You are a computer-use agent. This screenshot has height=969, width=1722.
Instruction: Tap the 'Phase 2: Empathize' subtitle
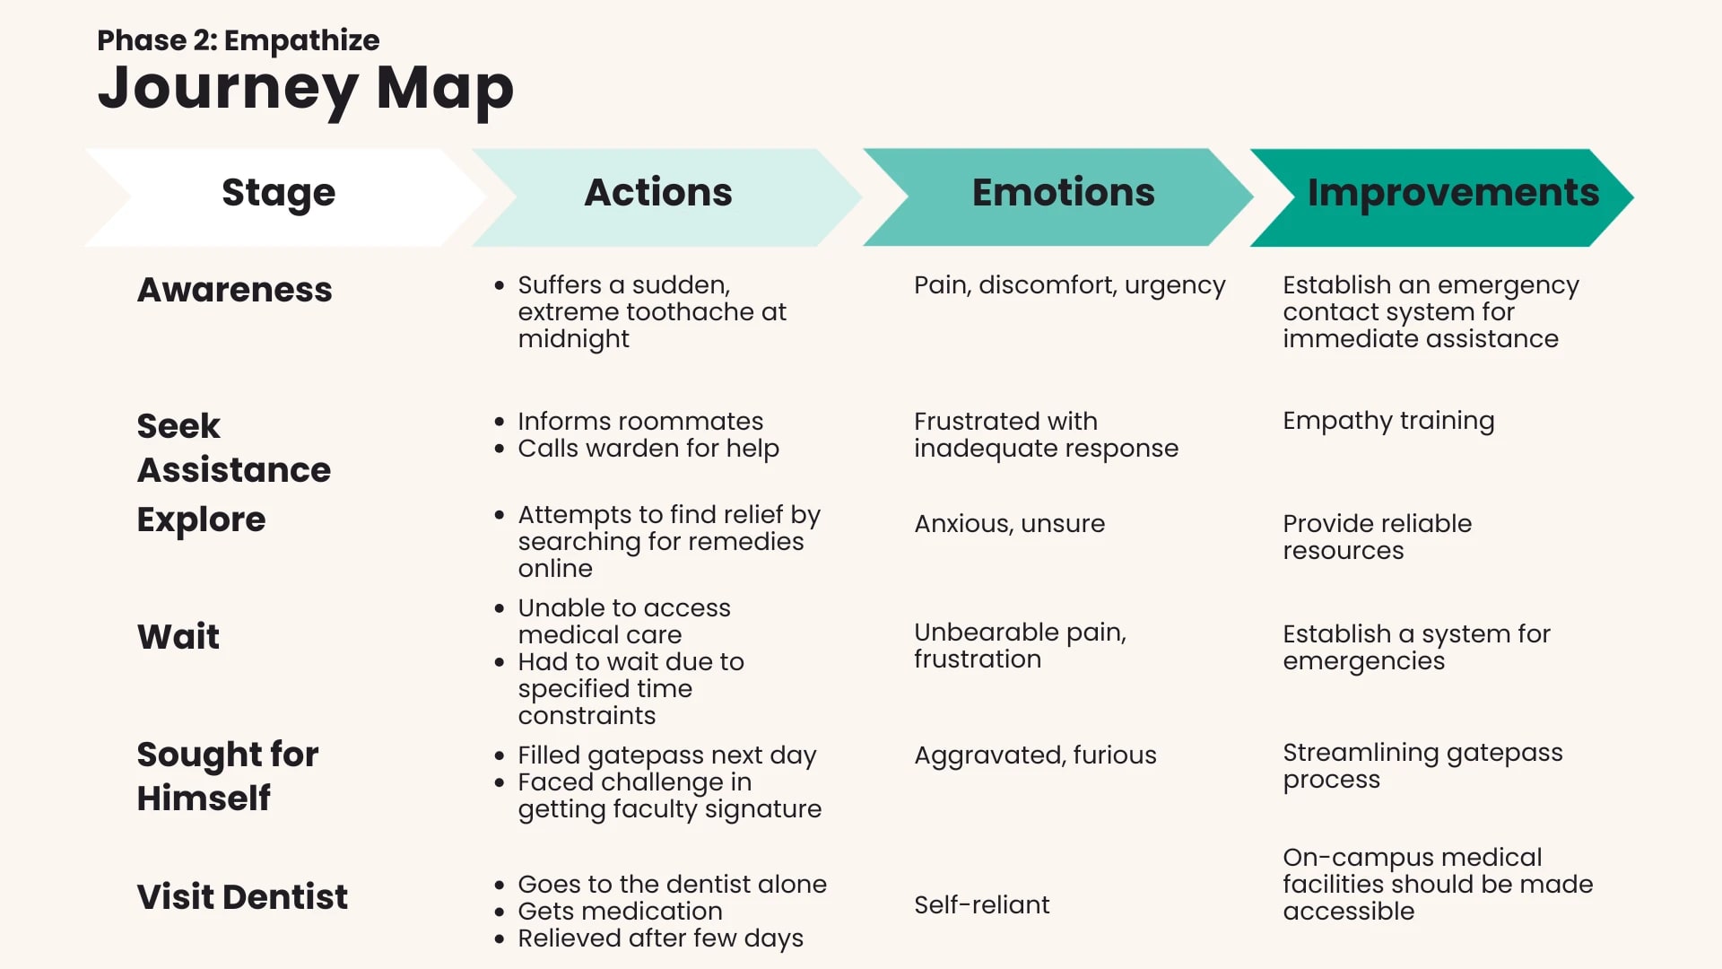click(239, 40)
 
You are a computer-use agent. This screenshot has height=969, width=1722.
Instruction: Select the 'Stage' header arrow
click(285, 197)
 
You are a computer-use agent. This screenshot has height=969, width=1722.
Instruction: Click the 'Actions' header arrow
click(666, 197)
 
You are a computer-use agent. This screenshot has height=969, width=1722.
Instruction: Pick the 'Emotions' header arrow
click(1058, 197)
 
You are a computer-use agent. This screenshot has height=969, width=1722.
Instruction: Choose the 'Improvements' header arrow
click(1442, 197)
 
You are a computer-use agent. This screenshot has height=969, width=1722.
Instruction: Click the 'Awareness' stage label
click(235, 290)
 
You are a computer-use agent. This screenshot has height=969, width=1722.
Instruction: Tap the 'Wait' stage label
click(178, 637)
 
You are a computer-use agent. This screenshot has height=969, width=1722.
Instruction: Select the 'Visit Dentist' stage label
click(242, 897)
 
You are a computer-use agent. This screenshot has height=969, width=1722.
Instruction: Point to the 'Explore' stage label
click(202, 520)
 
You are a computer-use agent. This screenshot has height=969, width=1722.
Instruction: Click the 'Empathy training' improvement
click(1388, 422)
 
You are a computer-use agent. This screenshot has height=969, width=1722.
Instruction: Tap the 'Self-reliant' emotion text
click(982, 904)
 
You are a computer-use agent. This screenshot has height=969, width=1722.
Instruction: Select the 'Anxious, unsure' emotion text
click(1010, 524)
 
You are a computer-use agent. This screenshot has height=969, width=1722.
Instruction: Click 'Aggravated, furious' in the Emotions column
click(1036, 755)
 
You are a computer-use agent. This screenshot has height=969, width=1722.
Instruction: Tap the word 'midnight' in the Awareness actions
click(574, 339)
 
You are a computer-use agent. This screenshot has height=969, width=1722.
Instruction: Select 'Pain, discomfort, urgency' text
click(1070, 285)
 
